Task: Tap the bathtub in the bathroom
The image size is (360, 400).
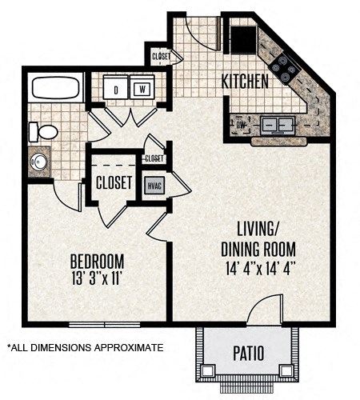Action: [x=55, y=86]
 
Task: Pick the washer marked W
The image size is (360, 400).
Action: [x=142, y=89]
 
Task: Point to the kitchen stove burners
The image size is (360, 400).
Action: [x=285, y=70]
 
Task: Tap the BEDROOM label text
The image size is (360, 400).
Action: [x=96, y=262]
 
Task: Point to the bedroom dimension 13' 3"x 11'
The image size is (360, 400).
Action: [x=96, y=278]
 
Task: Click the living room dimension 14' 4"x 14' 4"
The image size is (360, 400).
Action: [x=256, y=270]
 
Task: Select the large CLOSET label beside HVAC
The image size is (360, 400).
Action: [x=114, y=182]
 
